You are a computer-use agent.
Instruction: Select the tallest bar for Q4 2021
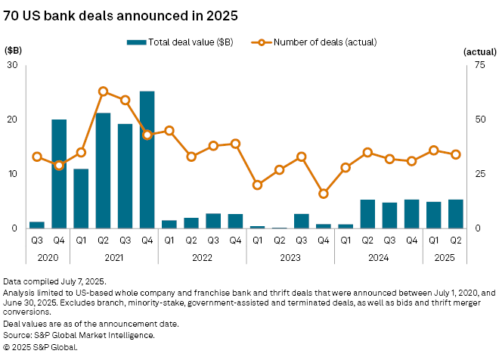tap(147, 160)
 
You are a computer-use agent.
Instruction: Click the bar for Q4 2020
tap(59, 174)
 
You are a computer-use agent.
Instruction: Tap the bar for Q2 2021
tap(103, 170)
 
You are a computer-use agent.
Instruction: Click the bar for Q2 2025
tap(455, 214)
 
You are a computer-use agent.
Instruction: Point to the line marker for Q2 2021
tap(103, 92)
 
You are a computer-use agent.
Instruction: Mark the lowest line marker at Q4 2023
tap(324, 194)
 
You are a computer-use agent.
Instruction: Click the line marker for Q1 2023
tap(257, 185)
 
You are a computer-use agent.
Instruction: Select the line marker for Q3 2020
tap(37, 157)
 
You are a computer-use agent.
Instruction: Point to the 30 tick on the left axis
tap(13, 65)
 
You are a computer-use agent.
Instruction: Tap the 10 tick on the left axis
tap(13, 174)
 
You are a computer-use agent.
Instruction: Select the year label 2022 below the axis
tap(202, 257)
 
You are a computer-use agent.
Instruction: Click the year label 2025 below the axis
tap(444, 257)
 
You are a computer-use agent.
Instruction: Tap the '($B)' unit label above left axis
tap(14, 50)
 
